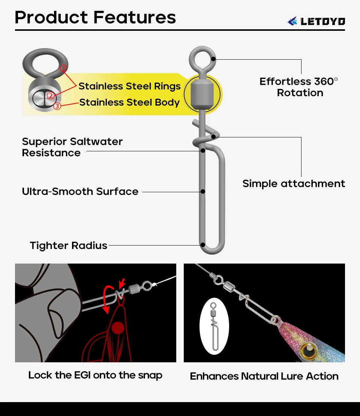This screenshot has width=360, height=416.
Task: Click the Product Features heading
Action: (x=95, y=17)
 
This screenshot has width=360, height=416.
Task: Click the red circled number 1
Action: (x=64, y=68)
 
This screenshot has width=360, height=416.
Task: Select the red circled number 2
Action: (x=51, y=96)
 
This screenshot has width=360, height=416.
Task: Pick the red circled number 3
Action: (x=57, y=106)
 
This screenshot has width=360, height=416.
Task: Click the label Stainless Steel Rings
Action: (x=129, y=86)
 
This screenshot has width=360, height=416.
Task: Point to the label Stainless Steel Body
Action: (x=129, y=102)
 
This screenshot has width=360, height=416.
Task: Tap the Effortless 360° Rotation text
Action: (x=299, y=87)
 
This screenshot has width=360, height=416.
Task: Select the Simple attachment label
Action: (x=294, y=184)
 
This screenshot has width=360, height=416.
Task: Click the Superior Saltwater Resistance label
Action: (x=72, y=147)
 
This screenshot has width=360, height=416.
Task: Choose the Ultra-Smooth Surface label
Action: (x=80, y=191)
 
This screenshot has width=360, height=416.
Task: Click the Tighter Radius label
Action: (x=69, y=246)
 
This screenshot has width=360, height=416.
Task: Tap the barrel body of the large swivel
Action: (x=202, y=92)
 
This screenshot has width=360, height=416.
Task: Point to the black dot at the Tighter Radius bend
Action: (x=203, y=245)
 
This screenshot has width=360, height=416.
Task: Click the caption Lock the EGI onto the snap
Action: (x=95, y=375)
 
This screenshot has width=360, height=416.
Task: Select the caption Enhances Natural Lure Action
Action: (x=264, y=376)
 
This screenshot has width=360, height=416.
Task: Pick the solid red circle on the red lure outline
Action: (x=118, y=327)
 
